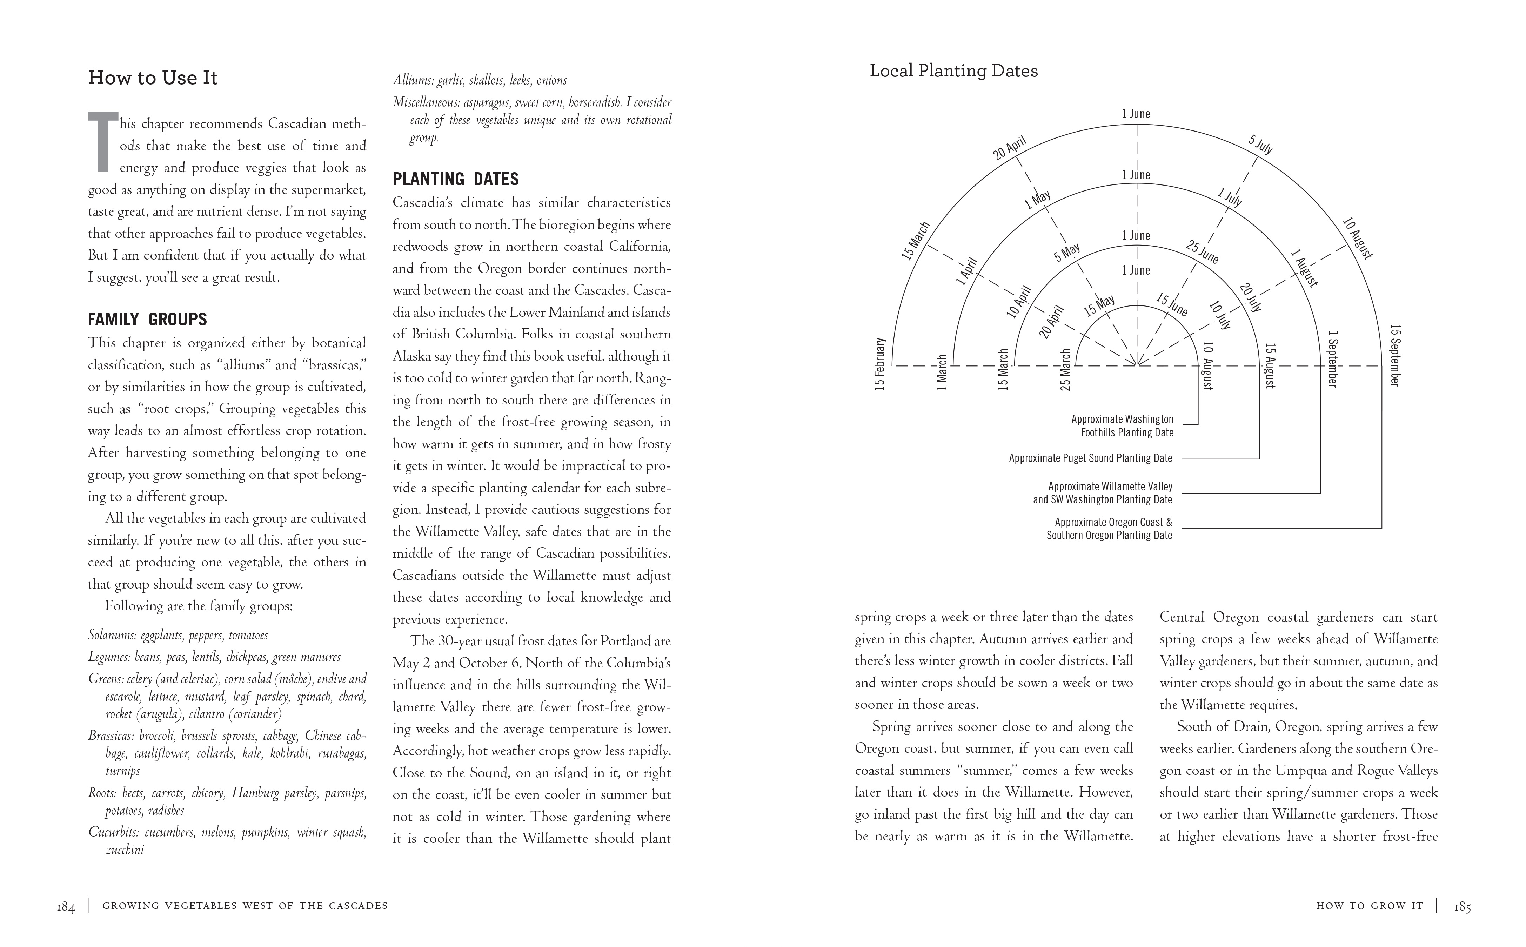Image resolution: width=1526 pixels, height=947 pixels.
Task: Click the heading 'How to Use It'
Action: click(153, 78)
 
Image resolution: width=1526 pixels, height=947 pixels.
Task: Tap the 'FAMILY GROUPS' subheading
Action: click(147, 320)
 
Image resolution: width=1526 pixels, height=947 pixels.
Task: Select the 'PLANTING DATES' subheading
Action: click(455, 179)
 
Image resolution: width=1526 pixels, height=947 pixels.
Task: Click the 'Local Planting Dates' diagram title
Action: click(953, 71)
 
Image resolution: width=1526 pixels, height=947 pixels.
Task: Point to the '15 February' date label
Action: click(880, 364)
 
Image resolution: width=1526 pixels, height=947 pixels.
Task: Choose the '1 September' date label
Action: click(1332, 358)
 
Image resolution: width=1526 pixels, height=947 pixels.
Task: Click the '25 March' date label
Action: click(1066, 370)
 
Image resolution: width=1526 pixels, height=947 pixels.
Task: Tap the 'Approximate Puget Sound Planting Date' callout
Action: click(1090, 458)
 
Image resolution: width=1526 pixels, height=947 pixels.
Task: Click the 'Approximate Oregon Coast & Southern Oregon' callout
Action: click(1109, 529)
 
